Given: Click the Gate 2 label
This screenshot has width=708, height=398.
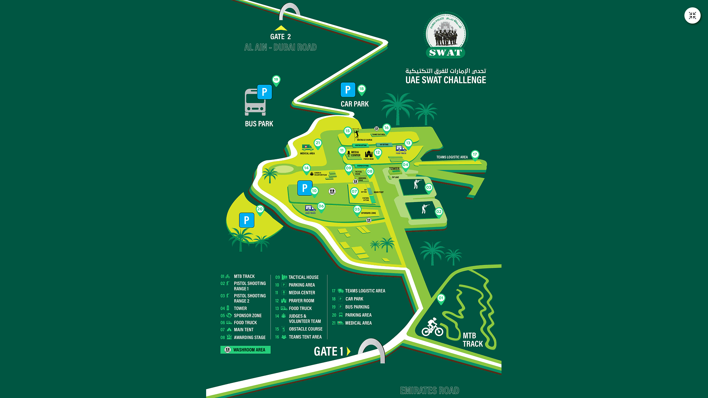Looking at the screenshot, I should pos(280,37).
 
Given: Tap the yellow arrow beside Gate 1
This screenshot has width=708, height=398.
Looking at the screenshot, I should pos(348,351).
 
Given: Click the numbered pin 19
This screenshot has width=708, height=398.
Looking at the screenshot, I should pos(276,80).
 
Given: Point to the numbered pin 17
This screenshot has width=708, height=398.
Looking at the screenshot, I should pos(475,155).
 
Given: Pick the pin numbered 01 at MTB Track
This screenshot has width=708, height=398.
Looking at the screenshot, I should pos(441,298).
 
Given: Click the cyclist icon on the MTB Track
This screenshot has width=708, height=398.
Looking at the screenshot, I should pos(432,327).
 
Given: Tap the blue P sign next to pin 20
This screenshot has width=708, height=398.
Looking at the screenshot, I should pos(247,220).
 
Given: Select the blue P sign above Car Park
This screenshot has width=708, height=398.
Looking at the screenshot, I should pos(348,90).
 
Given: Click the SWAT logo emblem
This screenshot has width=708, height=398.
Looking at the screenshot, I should pos(446,35).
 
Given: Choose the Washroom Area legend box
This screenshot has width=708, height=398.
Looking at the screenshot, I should pos(245,350).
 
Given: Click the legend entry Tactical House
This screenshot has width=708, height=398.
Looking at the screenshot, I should pos(303,277).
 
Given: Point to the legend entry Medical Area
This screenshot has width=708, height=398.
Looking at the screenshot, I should pos(358,323).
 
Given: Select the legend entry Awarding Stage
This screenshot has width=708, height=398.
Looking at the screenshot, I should pos(249,338).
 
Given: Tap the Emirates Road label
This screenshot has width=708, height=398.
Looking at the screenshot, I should pos(430,391).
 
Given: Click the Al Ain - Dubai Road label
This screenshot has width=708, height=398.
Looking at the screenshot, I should pos(280,47).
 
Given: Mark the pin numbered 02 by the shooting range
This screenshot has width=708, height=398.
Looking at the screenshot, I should pos(439,212).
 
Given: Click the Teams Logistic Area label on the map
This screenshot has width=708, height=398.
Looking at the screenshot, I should pos(452,157).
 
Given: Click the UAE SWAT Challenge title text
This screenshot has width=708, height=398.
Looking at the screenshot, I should pos(445,80).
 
